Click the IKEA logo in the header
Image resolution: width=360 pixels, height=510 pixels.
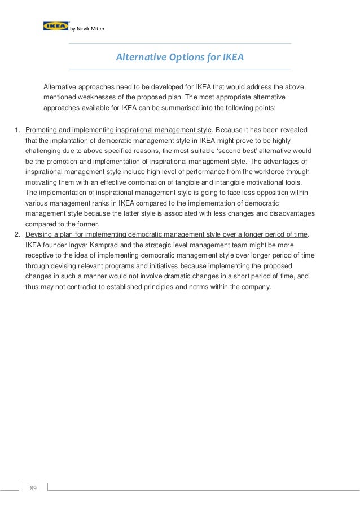coord(55,26)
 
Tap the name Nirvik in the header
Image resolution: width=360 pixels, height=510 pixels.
coord(83,29)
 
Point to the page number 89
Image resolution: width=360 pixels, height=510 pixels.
coord(33,488)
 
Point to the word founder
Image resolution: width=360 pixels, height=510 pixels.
coord(56,245)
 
